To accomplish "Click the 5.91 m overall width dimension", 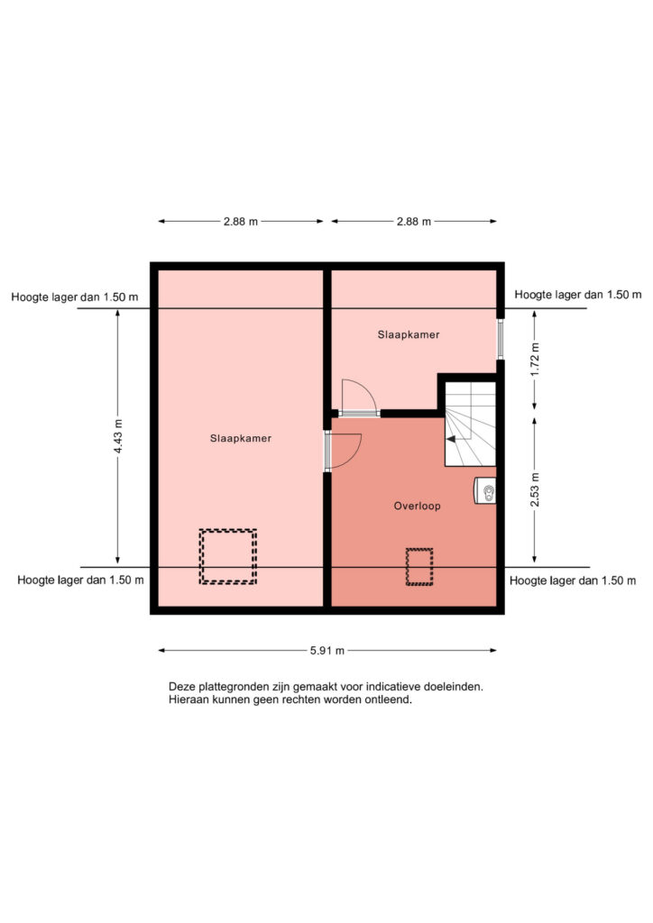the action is coord(327,651).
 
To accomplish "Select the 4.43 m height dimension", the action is coord(118,436).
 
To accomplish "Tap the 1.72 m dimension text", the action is coord(535,359).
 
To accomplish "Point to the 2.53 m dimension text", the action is coord(535,489).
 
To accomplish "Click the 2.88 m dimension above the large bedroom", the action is coord(241,222).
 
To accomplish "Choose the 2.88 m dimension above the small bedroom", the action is coord(414,222).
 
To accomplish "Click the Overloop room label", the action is coord(417,506).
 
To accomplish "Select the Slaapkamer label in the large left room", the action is coord(241,438).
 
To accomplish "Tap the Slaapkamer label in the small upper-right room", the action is coord(409,334).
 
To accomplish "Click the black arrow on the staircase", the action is coord(451,439).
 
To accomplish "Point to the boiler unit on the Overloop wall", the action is coord(485,490).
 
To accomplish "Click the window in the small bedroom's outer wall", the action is coord(501,339).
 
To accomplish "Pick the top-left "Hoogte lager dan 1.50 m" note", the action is coord(75,297).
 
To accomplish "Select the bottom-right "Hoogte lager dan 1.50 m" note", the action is coord(573,580).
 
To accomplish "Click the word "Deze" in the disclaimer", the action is coord(182,686).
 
